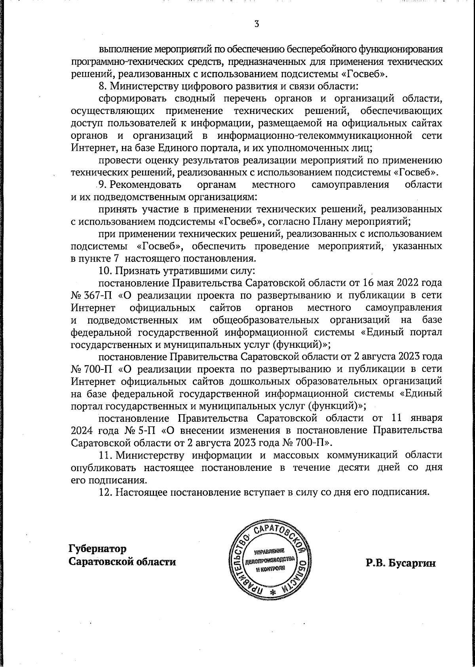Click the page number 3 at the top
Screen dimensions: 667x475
click(256, 24)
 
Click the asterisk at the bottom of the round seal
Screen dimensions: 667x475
click(272, 592)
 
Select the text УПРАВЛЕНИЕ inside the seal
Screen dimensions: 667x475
click(270, 551)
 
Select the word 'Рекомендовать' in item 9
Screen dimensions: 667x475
click(145, 185)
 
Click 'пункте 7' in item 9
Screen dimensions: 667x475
click(96, 259)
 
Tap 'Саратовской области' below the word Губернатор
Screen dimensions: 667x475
click(123, 562)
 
